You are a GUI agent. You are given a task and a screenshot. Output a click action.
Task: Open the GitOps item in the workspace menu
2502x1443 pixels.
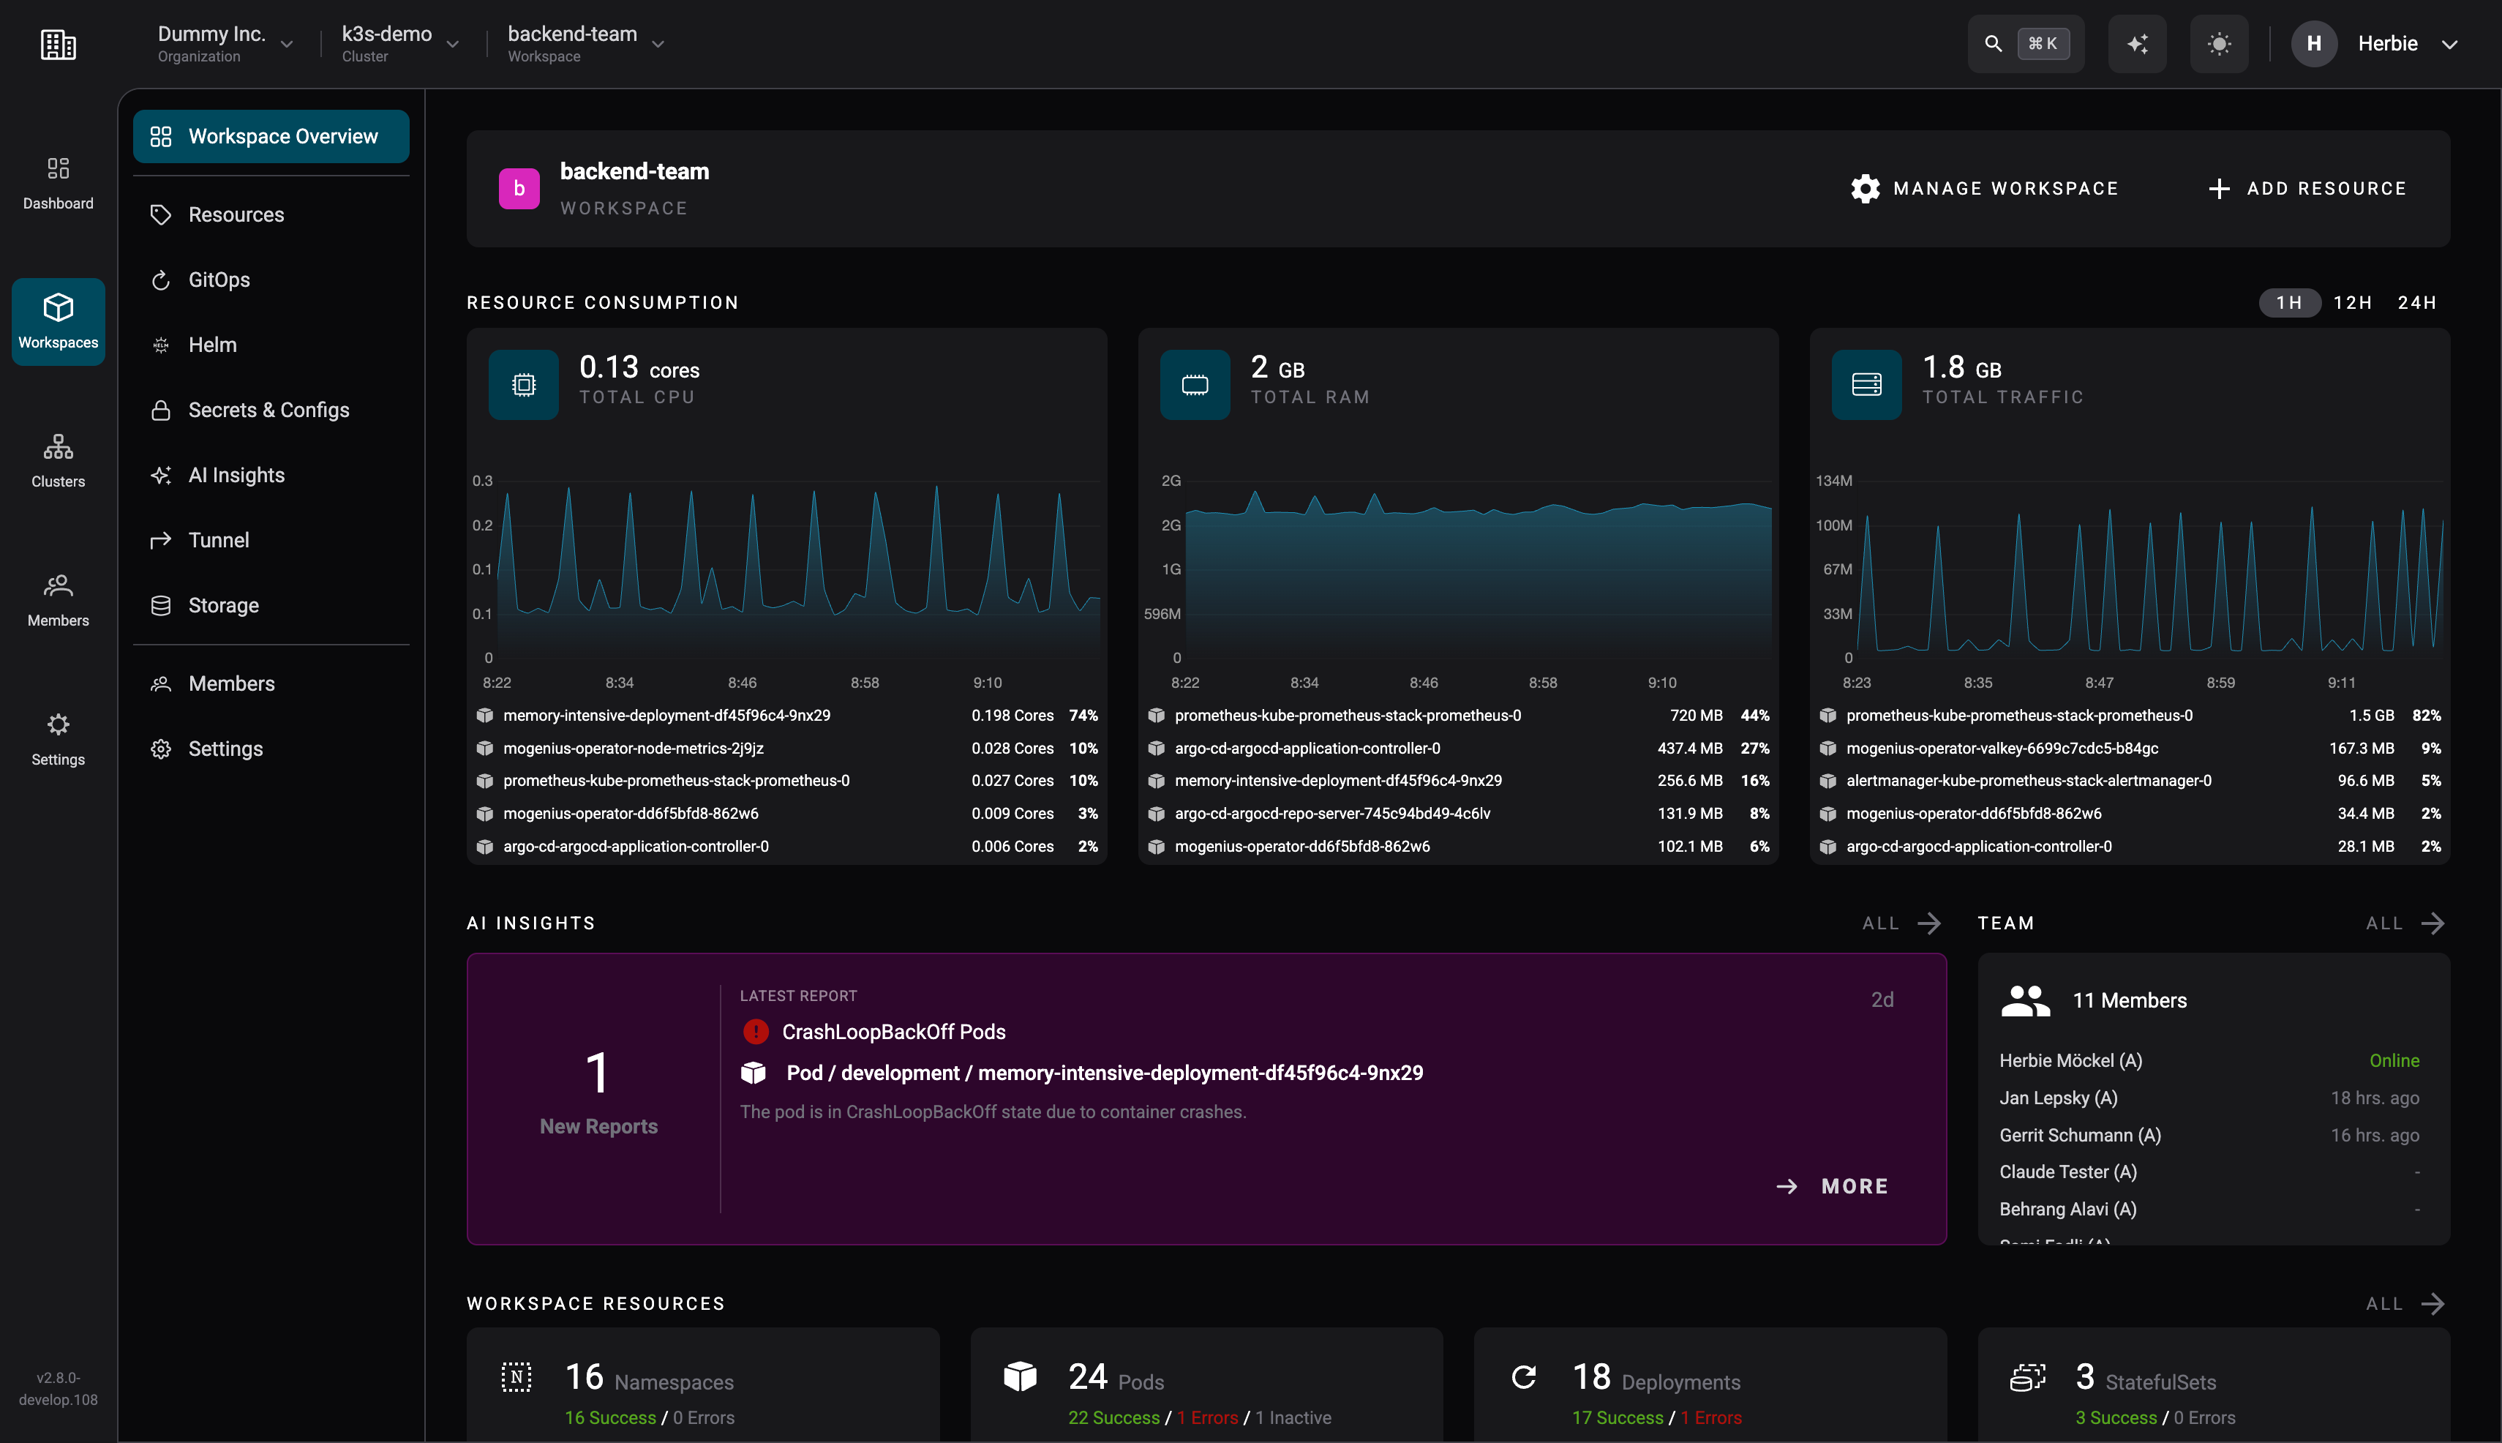(219, 280)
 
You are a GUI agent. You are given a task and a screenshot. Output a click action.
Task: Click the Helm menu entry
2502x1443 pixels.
(212, 345)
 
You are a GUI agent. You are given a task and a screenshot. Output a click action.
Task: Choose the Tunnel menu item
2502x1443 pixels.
(218, 540)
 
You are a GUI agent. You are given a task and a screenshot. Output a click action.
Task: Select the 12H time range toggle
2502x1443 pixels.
(2352, 302)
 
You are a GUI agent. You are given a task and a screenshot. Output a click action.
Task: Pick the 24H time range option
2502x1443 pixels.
(2417, 302)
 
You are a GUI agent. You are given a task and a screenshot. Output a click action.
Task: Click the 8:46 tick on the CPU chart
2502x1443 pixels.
(742, 683)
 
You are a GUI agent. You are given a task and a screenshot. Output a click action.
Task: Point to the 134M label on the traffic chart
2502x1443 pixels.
(1833, 481)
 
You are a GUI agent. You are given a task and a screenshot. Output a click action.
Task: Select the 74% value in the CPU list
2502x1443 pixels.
(1083, 716)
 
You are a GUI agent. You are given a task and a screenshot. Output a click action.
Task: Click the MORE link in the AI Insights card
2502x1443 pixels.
(1854, 1186)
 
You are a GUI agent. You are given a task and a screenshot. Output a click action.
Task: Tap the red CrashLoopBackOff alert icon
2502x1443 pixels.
(755, 1032)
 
